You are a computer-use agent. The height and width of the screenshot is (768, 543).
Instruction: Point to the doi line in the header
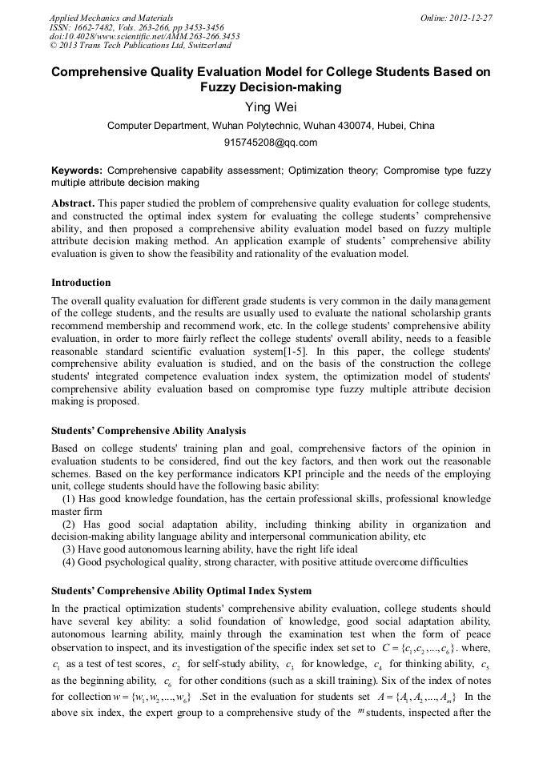[x=145, y=36]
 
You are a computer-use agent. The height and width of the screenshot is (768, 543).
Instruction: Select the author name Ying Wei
[x=271, y=107]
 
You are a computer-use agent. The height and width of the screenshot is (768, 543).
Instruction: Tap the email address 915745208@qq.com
[x=271, y=143]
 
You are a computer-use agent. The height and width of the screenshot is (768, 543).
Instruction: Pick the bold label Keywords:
[x=77, y=171]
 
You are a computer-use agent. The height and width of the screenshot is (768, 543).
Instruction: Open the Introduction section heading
[x=81, y=282]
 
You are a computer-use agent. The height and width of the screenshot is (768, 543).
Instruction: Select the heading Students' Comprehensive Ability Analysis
[x=148, y=431]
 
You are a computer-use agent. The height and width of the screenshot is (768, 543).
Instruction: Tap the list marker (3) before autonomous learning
[x=70, y=549]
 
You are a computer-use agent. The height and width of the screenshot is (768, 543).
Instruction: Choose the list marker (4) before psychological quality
[x=70, y=561]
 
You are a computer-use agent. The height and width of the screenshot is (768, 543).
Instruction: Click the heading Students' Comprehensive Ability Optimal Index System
[x=181, y=591]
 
